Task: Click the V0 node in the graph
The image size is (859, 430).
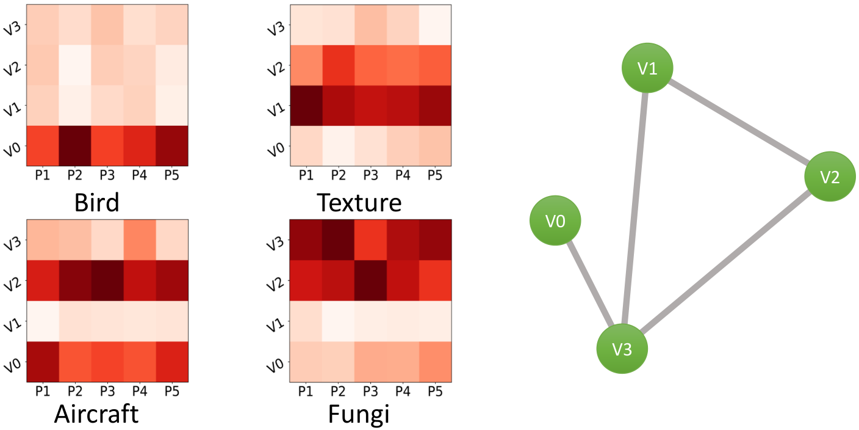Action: [x=555, y=220]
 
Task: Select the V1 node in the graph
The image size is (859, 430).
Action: [x=647, y=68]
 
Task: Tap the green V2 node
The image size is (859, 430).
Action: [x=830, y=177]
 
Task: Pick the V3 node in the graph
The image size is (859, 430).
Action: [x=622, y=349]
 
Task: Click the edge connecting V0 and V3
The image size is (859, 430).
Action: [x=591, y=284]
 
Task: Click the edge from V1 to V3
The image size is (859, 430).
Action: [x=635, y=208]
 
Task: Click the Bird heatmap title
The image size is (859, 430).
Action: [x=96, y=202]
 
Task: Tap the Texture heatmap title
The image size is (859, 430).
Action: [x=359, y=202]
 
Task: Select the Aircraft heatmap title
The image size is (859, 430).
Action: [x=96, y=414]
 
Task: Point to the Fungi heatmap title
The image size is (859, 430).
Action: [x=359, y=415]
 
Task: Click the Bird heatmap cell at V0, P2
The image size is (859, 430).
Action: [x=75, y=146]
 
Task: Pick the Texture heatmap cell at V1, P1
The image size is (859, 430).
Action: [x=306, y=106]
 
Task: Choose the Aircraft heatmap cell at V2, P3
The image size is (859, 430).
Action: [x=107, y=280]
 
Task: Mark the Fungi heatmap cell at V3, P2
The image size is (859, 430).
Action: [x=338, y=240]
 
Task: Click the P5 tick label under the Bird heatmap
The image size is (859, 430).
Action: [x=172, y=175]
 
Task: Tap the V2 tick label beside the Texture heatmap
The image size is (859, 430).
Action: [x=276, y=69]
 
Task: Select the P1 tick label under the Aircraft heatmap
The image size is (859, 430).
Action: [x=43, y=392]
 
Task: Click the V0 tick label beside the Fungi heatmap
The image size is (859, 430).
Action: [x=275, y=365]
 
